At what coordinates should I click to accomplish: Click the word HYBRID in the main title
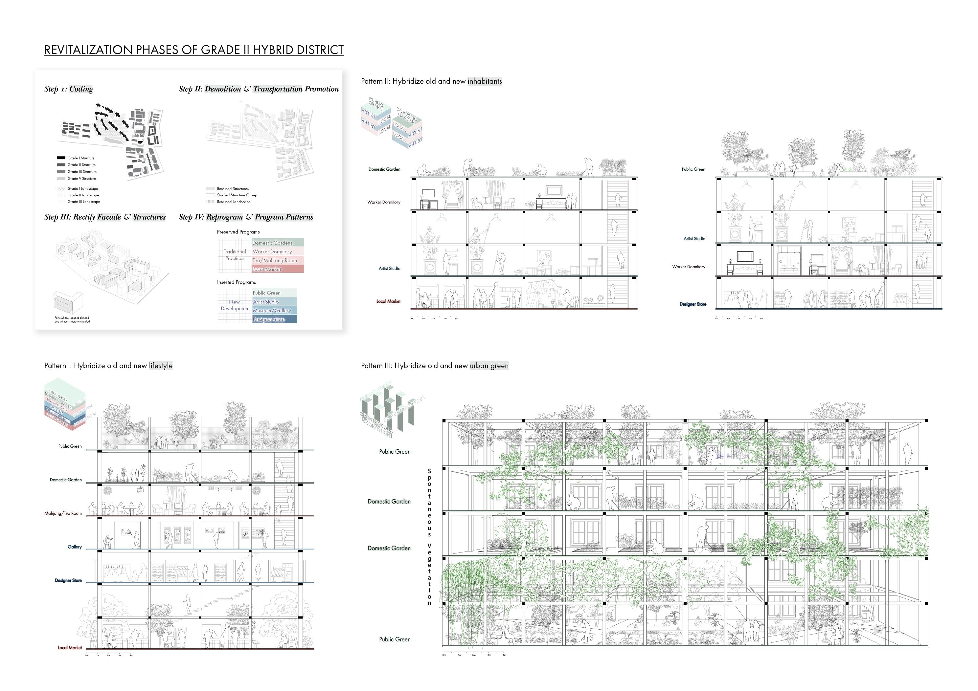(273, 50)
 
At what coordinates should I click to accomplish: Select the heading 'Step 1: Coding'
(69, 89)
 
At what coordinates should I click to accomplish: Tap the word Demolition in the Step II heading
(223, 89)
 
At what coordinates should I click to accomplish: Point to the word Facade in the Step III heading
(109, 217)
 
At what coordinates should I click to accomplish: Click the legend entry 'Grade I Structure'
(81, 158)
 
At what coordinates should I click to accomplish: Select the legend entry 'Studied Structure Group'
(237, 195)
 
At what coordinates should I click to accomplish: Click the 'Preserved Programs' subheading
(238, 232)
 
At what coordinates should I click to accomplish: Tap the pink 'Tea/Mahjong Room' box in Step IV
(277, 260)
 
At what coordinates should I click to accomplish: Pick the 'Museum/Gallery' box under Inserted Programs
(274, 310)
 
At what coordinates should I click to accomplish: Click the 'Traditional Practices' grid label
(235, 255)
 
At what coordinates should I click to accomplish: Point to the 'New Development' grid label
(235, 305)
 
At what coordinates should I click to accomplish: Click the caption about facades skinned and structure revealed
(72, 319)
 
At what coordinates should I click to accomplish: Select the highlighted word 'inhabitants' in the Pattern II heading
(485, 81)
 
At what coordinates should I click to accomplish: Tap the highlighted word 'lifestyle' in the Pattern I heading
(161, 366)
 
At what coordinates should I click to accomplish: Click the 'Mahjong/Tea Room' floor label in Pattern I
(63, 513)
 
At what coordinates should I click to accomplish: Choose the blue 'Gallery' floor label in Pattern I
(75, 547)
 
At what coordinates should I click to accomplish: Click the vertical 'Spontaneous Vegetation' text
(429, 537)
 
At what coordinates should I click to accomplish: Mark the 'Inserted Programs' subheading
(237, 282)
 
